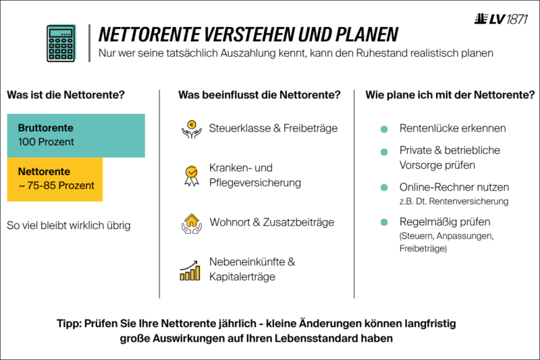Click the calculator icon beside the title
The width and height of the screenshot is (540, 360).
tap(61, 43)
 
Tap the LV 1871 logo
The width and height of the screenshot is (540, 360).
tap(501, 19)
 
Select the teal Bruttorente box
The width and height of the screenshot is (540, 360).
tap(76, 135)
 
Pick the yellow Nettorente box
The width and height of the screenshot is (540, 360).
tap(55, 179)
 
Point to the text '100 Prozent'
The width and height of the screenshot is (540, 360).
tap(46, 142)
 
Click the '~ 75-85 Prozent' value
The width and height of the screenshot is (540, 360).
tap(56, 186)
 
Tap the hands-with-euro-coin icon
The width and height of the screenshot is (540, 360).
tap(192, 129)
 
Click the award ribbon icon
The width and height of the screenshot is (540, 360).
tap(192, 176)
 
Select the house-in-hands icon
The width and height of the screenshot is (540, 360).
tap(192, 224)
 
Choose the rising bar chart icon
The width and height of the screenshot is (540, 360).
tap(190, 270)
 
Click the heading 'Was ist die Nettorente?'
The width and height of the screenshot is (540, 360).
tap(65, 95)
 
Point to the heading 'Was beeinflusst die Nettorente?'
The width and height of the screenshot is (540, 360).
tap(259, 95)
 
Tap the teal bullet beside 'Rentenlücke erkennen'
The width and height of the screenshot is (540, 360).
tap(384, 129)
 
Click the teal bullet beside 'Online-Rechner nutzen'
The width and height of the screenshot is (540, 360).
tap(384, 188)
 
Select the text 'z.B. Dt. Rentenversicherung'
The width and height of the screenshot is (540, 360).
tap(454, 201)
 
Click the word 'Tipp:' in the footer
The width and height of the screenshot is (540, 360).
tap(70, 324)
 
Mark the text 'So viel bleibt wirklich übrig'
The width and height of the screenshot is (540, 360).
tap(69, 226)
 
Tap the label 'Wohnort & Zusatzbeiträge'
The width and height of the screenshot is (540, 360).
tap(272, 222)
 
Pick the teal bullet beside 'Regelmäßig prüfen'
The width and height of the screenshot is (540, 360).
tap(384, 222)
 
